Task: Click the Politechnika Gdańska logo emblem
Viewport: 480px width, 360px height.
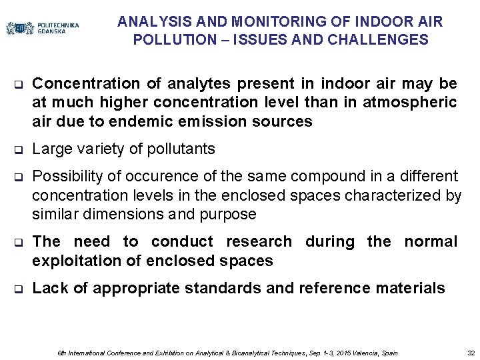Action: [20, 28]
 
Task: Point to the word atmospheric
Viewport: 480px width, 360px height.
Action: [418, 102]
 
